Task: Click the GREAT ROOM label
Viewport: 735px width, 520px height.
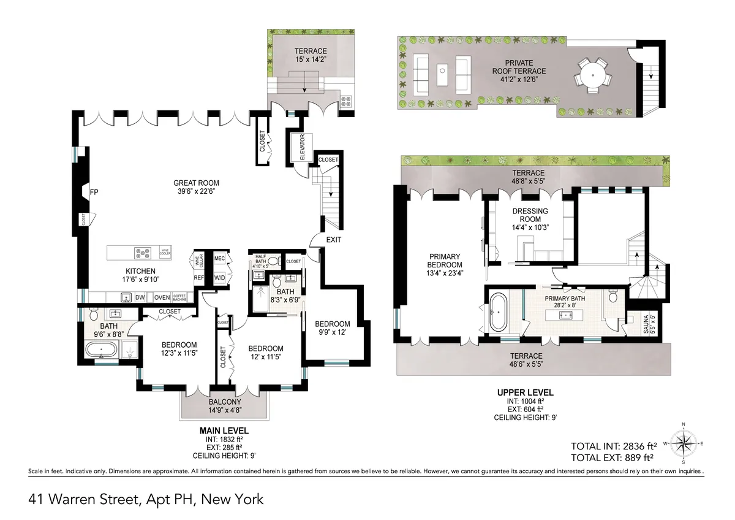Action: coord(196,183)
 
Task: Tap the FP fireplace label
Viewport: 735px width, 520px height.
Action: coord(94,192)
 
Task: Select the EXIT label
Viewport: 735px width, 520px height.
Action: coord(334,239)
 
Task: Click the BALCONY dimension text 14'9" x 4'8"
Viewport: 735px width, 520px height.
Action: coord(222,411)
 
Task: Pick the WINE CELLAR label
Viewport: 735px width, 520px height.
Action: coord(197,260)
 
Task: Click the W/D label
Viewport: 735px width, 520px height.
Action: coord(219,277)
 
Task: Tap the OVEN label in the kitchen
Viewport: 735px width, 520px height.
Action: coord(162,297)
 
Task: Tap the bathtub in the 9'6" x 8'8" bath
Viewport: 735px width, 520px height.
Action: coord(102,351)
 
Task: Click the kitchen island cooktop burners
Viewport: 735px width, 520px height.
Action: coord(143,251)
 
